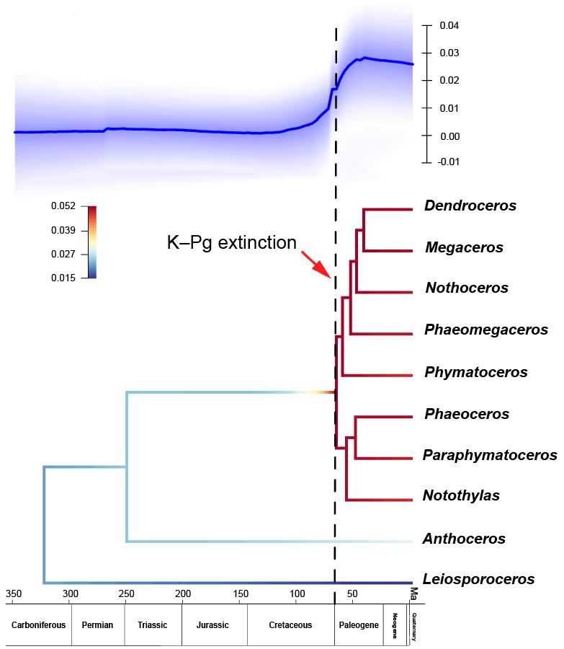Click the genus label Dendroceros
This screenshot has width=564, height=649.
click(470, 206)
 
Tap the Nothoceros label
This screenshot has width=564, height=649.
click(467, 288)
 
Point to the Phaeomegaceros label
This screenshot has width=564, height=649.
click(486, 330)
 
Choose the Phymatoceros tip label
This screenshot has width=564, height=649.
click(476, 372)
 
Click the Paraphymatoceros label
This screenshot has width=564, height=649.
click(490, 455)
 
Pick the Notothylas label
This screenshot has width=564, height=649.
click(461, 496)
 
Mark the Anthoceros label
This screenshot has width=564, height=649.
click(465, 539)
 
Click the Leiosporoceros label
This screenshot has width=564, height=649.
click(479, 579)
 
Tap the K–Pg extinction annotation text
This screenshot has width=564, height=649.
click(232, 243)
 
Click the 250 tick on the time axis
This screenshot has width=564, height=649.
click(127, 594)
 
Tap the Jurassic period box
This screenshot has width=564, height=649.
click(215, 625)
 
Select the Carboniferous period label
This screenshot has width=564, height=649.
click(38, 625)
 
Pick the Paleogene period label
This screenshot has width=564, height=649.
click(359, 625)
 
